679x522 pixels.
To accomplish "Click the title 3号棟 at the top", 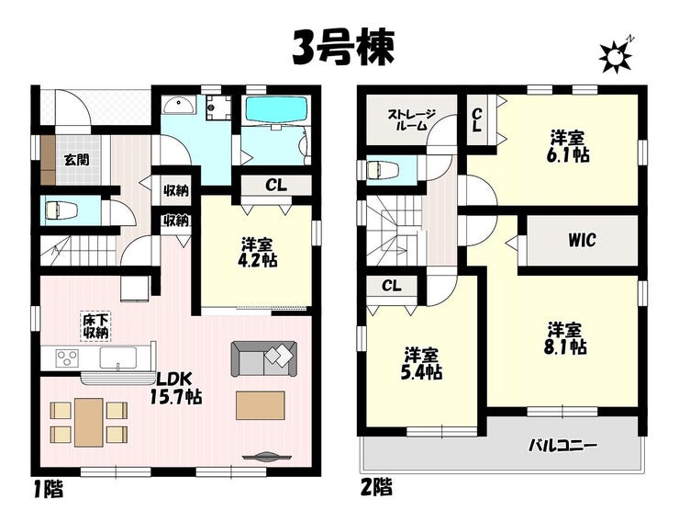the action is tap(343, 48).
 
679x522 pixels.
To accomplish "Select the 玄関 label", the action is tap(77, 160).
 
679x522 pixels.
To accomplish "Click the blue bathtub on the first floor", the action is tap(277, 109).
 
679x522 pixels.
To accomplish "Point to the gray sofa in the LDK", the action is tap(263, 358).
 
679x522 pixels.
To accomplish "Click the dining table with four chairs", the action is tap(89, 422).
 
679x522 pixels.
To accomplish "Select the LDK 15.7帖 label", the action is tap(175, 388).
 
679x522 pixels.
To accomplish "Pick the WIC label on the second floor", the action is tap(582, 240).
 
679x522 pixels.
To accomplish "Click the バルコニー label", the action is tap(563, 445).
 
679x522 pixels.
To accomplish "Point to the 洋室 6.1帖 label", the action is tap(569, 147).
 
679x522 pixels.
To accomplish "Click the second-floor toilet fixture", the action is tap(383, 169).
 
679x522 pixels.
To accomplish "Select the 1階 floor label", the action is tap(49, 489).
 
